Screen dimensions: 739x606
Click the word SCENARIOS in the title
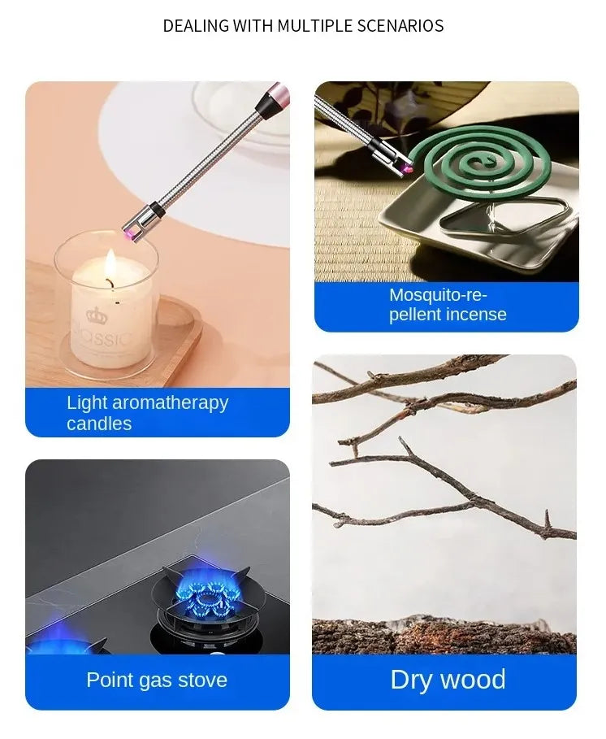pyautogui.click(x=402, y=26)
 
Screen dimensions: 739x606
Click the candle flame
pyautogui.click(x=110, y=265)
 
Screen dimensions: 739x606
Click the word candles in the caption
pyautogui.click(x=99, y=424)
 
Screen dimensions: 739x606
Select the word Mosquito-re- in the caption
pyautogui.click(x=438, y=294)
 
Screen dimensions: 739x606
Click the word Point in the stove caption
pyautogui.click(x=111, y=680)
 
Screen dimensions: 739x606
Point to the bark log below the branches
pyautogui.click(x=444, y=635)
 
